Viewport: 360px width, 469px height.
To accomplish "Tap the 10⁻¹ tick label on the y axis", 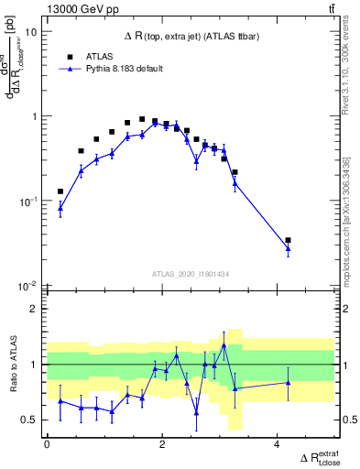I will point(28,202).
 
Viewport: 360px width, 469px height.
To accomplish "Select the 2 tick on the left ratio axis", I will point(34,310).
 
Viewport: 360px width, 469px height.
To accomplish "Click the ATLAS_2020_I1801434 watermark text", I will point(190,273).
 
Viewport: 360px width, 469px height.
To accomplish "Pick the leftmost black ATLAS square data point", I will point(60,191).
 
